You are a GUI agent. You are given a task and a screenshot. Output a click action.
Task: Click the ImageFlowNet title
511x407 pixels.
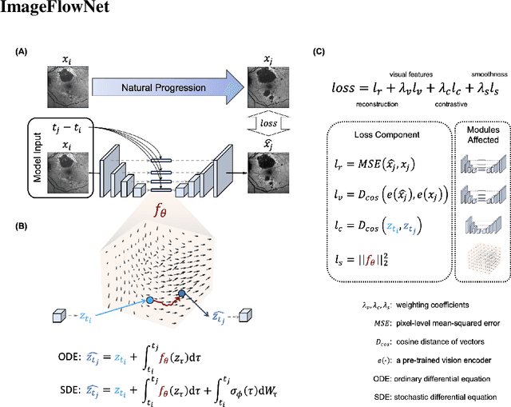(50, 9)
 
